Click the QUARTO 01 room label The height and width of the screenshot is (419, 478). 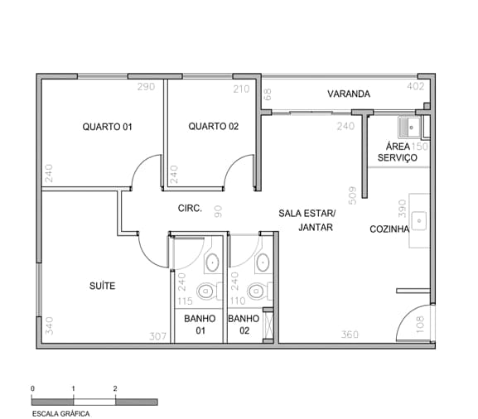point(108,127)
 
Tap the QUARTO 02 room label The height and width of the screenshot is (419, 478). point(214,126)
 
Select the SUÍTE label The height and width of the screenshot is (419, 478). point(103,286)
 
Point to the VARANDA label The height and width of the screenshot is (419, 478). point(349,94)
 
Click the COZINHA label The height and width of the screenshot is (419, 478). point(389,229)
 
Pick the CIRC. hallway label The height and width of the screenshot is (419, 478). point(190,209)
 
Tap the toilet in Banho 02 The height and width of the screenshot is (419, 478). point(260,291)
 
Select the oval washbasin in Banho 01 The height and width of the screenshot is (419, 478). point(212,262)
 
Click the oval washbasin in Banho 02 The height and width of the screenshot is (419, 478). point(263,262)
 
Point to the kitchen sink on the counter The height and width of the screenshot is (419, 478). point(419,221)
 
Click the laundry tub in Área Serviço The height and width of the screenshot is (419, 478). point(409,128)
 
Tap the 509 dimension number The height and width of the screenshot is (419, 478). point(352,195)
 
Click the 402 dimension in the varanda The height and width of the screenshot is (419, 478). point(416,87)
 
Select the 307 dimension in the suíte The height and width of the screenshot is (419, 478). point(158,336)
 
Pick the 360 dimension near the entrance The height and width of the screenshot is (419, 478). point(350,335)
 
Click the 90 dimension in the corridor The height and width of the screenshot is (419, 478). point(218,211)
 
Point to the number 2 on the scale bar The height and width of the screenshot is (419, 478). point(115,388)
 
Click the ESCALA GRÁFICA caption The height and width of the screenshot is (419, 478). point(61,414)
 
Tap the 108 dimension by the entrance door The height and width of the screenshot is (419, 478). point(420,325)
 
